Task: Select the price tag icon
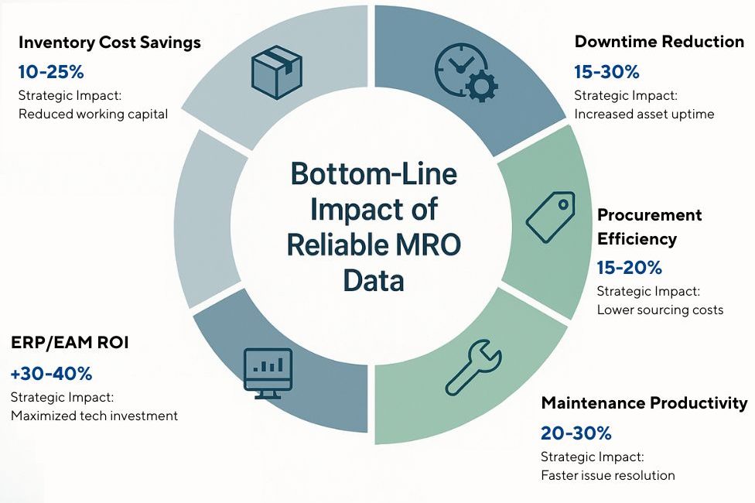pyautogui.click(x=549, y=215)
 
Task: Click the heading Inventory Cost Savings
pyautogui.click(x=109, y=42)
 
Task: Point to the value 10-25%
pyautogui.click(x=51, y=73)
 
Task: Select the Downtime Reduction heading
pyautogui.click(x=659, y=42)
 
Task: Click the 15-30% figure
pyautogui.click(x=606, y=73)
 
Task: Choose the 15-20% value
pyautogui.click(x=629, y=268)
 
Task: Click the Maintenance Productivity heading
pyautogui.click(x=644, y=402)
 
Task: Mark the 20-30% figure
pyautogui.click(x=573, y=433)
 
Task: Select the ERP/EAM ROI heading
pyautogui.click(x=70, y=343)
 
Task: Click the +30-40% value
pyautogui.click(x=51, y=374)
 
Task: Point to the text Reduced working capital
pyautogui.click(x=93, y=114)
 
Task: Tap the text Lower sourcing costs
pyautogui.click(x=660, y=310)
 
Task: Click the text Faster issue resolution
pyautogui.click(x=608, y=474)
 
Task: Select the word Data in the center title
pyautogui.click(x=374, y=280)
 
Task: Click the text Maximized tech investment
pyautogui.click(x=94, y=416)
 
